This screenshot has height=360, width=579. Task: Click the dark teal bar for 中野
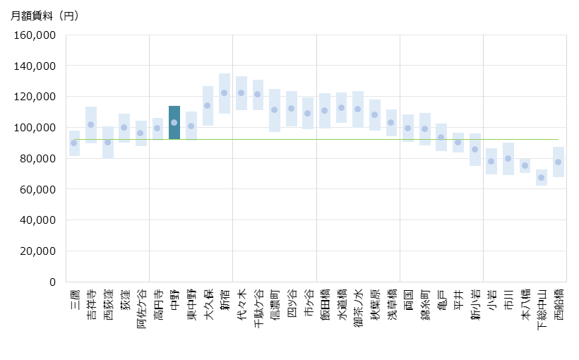pos(174,122)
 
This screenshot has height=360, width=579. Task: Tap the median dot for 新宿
pos(225,92)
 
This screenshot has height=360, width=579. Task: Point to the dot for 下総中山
pos(542,177)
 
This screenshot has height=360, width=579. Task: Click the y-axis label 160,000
pos(35,35)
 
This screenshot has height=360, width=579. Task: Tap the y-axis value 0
pos(52,282)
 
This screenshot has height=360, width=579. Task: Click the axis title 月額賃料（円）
pos(44,16)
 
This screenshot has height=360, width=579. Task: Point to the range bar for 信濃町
pos(275,110)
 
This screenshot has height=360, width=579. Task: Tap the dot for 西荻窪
pos(108,142)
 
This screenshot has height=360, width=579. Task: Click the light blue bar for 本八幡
pos(525,166)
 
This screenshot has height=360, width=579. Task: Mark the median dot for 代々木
pos(241,92)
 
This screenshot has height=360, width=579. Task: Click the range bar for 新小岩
pos(475,149)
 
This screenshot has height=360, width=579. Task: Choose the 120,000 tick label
pos(35,96)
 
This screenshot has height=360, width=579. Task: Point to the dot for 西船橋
pos(558,162)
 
